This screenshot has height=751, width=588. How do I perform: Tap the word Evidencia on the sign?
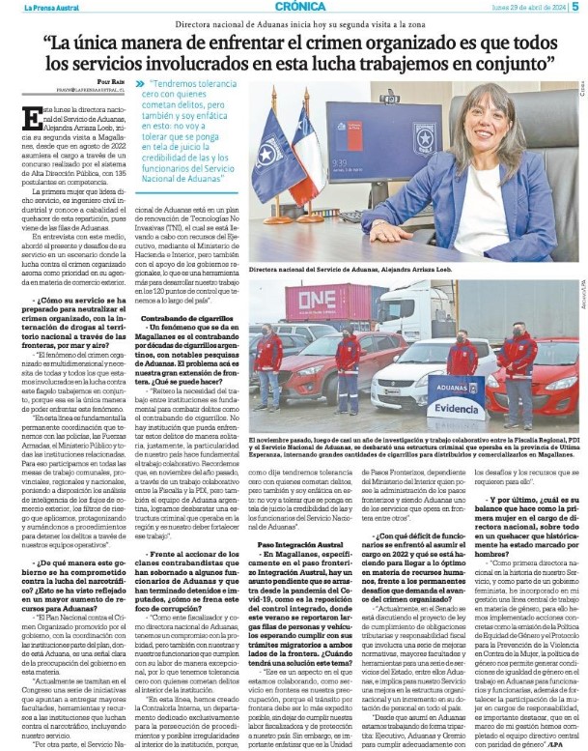[456, 409]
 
